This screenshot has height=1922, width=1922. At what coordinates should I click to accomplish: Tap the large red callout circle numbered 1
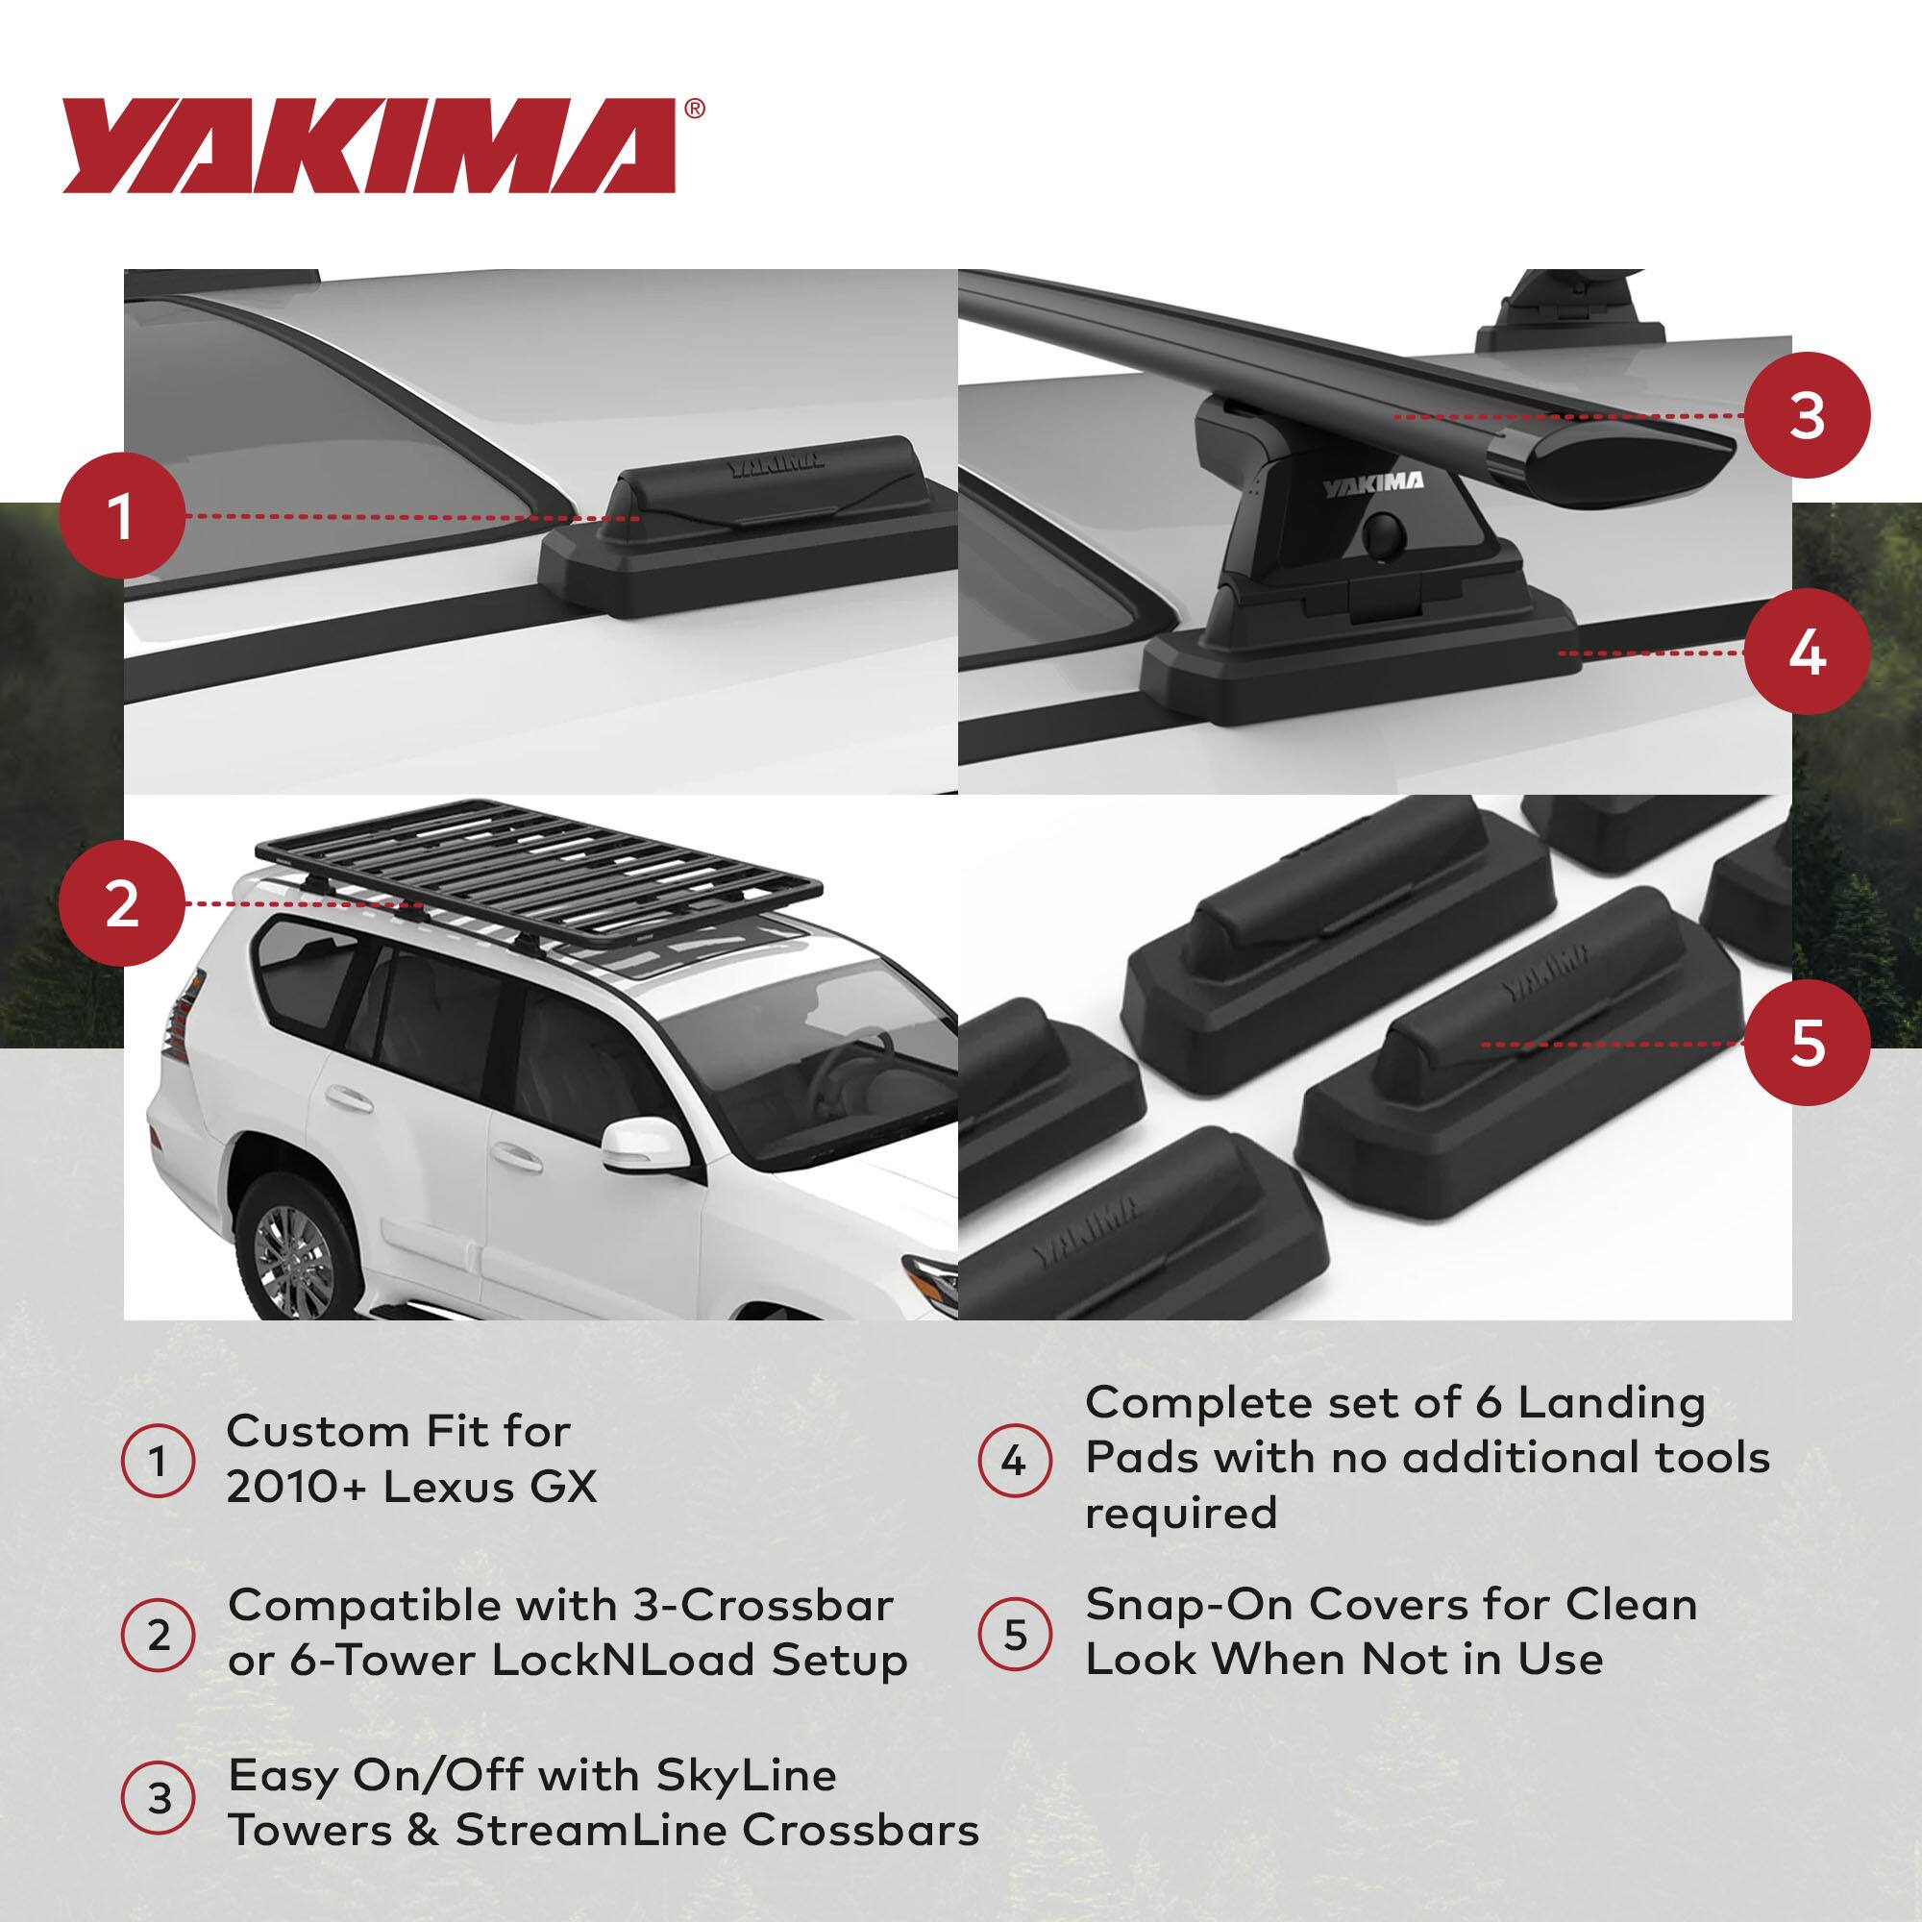click(121, 516)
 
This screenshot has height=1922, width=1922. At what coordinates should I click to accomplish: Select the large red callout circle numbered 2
click(121, 904)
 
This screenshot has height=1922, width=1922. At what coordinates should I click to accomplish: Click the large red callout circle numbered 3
click(1807, 416)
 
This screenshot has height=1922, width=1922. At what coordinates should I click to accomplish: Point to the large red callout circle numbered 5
click(1807, 1043)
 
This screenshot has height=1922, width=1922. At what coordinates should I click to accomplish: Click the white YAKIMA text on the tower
click(1372, 484)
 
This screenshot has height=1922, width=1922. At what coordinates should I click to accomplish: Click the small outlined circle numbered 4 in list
click(1014, 1462)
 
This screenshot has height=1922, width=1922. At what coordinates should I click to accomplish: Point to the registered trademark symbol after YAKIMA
click(695, 109)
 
